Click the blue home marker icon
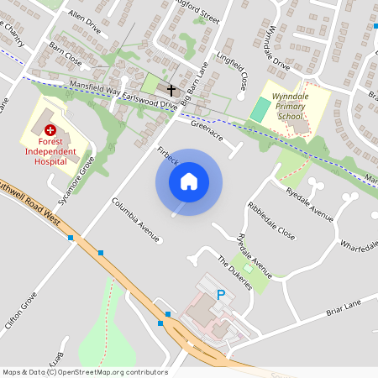189,181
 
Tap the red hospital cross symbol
50,130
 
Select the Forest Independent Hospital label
50,151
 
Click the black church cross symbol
171,89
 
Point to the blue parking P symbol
221,295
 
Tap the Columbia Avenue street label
135,220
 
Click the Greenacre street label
206,129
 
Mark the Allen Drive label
84,20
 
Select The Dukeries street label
234,273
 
